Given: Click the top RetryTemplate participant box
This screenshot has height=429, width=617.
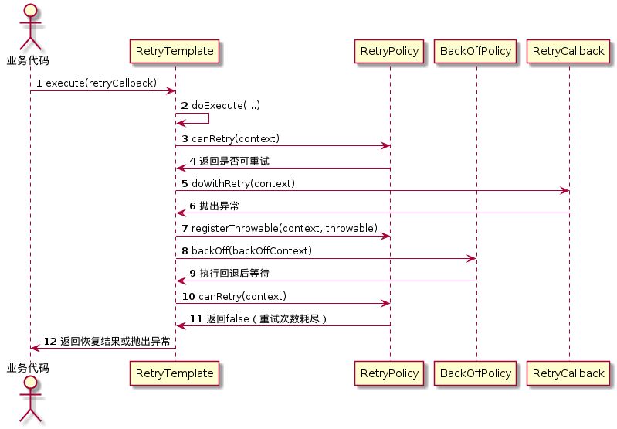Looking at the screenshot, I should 175,52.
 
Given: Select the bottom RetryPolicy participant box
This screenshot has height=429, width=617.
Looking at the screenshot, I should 390,373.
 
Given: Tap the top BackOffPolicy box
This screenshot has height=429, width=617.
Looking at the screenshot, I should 476,52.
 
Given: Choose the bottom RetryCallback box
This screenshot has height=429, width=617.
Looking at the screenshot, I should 568,373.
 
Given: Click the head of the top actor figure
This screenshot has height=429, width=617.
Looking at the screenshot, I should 30,11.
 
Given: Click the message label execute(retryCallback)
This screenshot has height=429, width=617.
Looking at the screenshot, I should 101,83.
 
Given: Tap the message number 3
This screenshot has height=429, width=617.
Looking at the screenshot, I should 185,138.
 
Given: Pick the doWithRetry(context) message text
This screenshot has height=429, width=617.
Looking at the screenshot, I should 242,183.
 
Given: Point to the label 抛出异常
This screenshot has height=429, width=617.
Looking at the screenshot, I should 219,206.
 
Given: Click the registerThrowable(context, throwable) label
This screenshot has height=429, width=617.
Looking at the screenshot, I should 284,228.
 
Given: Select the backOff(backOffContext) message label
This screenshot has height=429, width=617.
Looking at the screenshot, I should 251,250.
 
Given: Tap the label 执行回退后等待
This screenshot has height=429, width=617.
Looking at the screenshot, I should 234,273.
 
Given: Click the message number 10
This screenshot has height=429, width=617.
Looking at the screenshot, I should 188,296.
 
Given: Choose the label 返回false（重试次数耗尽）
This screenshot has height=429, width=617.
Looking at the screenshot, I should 266,318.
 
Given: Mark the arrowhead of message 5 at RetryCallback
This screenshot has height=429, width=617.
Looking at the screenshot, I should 564,191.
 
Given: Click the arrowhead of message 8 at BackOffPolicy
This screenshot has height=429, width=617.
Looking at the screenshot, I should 472,258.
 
